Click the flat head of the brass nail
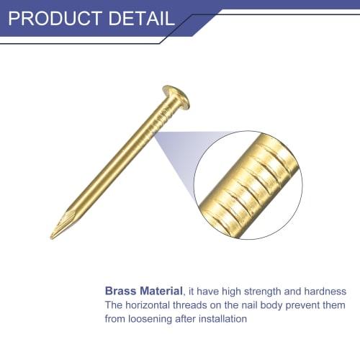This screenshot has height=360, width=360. (x=176, y=96)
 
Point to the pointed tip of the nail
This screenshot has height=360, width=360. (x=55, y=234)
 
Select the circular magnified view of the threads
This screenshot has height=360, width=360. (x=247, y=184)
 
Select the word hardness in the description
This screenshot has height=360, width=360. (x=325, y=292)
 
